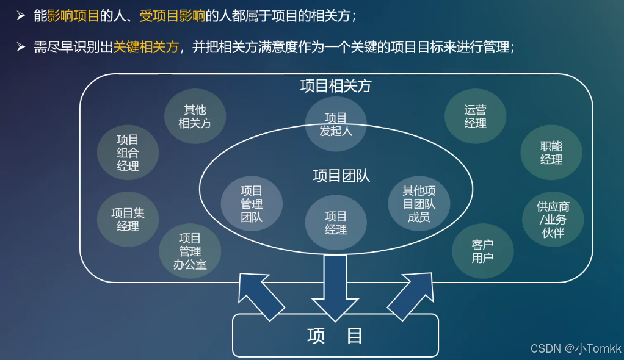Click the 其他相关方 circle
[195, 117]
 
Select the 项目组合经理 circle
[128, 153]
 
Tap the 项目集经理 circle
[128, 220]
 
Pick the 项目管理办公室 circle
[190, 251]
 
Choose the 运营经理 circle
[475, 117]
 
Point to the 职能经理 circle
[551, 153]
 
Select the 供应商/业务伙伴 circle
[553, 220]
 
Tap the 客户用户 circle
[482, 251]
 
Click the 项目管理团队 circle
[252, 204]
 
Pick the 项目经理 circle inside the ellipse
[336, 223]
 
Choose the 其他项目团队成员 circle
[419, 204]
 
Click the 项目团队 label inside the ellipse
[341, 176]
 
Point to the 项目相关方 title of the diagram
[336, 86]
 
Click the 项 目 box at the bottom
[335, 335]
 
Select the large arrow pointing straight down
[335, 287]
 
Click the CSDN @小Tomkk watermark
[575, 348]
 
